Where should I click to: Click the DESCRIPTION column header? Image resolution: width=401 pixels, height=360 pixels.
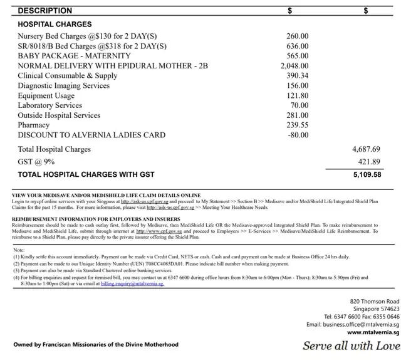[x=44, y=10]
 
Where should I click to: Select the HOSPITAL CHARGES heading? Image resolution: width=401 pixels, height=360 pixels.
[x=55, y=24]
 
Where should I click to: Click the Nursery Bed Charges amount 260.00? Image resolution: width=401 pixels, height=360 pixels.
[x=298, y=36]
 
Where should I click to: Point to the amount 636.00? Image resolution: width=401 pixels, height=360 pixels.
[x=298, y=46]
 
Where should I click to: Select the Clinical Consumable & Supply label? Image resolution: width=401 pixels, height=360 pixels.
[x=67, y=76]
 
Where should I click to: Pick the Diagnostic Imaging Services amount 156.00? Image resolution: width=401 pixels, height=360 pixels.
[x=298, y=86]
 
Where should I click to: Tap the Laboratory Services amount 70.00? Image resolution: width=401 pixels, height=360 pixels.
[x=299, y=105]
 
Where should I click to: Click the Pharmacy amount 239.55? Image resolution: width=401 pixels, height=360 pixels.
[x=298, y=125]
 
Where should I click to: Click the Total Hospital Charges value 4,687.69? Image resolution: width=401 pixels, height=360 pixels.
[x=367, y=149]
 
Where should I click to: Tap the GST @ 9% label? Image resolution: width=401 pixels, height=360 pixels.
[x=36, y=161]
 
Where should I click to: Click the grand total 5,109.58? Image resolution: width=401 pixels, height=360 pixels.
[x=367, y=174]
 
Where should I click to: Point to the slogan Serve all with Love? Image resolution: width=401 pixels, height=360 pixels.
[x=351, y=346]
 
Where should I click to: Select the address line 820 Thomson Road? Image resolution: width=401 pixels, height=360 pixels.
[x=375, y=302]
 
